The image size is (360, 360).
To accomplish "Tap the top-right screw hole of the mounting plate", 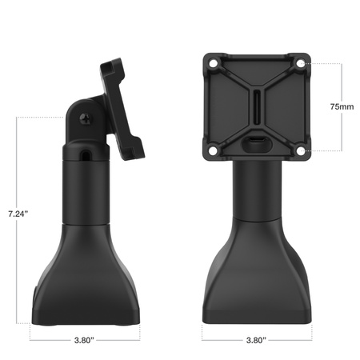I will [300, 62].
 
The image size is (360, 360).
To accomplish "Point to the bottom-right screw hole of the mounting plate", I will [300, 150].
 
